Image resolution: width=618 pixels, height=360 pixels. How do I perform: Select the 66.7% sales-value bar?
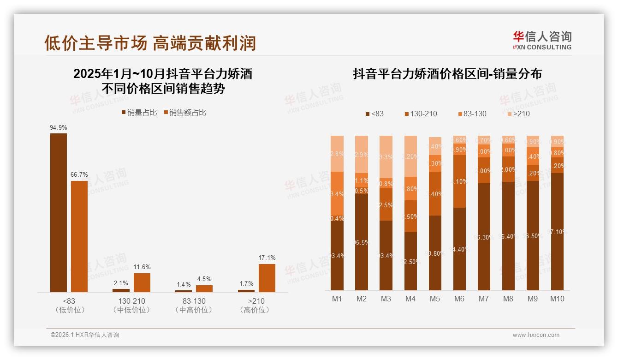(x=79, y=236)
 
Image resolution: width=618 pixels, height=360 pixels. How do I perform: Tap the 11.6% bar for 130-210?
(x=142, y=282)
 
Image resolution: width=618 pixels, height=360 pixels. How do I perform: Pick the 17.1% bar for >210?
(x=267, y=278)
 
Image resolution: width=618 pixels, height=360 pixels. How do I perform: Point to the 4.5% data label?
(x=204, y=279)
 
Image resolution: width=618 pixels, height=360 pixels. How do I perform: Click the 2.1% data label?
(x=121, y=283)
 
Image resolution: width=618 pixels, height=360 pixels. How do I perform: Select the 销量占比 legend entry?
(x=139, y=113)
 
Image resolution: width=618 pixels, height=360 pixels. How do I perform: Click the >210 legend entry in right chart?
(x=518, y=114)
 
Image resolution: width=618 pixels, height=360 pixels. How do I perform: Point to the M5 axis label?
(x=435, y=299)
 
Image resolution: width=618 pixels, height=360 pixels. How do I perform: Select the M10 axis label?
(x=557, y=299)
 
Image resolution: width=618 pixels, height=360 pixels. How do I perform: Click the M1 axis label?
(x=337, y=299)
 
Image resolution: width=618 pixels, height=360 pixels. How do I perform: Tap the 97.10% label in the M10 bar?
(x=557, y=232)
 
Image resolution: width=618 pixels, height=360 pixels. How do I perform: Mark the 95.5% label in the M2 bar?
(x=362, y=242)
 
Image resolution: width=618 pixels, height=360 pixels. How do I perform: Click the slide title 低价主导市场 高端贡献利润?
(x=150, y=43)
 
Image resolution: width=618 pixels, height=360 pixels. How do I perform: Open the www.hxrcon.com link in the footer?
(x=536, y=335)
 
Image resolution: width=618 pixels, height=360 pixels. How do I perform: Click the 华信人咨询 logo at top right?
(x=542, y=40)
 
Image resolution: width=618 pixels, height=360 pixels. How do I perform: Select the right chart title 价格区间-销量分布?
(x=447, y=74)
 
